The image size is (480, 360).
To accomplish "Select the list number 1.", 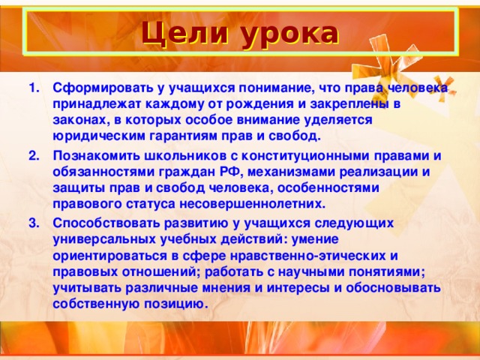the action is [34, 88].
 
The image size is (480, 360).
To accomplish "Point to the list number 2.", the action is [34, 156].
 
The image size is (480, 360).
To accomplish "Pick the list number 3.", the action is [34, 223].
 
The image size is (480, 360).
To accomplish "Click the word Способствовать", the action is [106, 223].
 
